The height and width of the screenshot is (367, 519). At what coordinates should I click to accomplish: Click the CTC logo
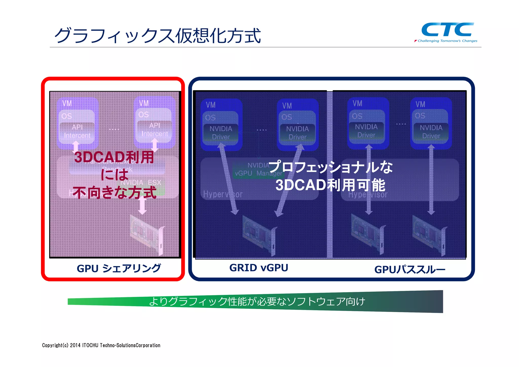tap(447, 30)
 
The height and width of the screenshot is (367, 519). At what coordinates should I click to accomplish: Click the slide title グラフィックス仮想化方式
tap(157, 36)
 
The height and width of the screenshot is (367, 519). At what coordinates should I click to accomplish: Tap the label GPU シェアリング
tap(119, 268)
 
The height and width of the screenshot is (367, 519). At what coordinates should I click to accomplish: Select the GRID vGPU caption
tap(258, 268)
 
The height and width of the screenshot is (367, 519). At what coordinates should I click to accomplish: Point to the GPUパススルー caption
tap(410, 270)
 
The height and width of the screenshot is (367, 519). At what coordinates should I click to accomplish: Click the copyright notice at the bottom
tap(101, 345)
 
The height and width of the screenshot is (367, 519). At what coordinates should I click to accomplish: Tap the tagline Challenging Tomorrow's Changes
tap(447, 41)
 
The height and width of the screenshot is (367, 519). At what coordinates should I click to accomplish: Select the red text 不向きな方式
tap(114, 193)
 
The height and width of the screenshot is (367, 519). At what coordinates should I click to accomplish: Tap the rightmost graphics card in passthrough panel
tap(429, 235)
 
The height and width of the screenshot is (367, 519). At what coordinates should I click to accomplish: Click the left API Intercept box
tap(77, 131)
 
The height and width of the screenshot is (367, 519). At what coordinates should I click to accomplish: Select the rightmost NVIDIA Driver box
tap(431, 132)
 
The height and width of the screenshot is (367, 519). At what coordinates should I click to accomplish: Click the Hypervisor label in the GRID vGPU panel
tap(223, 194)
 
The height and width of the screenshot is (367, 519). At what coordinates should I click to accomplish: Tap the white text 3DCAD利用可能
tap(330, 185)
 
